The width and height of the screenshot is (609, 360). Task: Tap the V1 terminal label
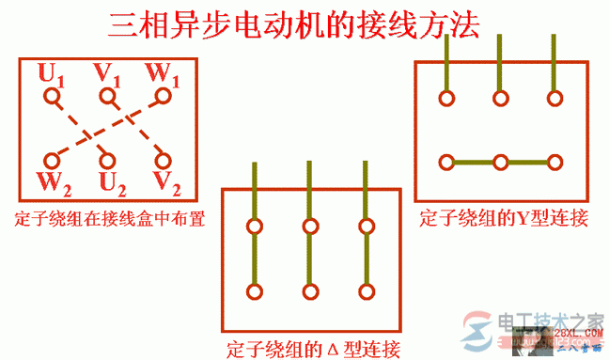point(107,72)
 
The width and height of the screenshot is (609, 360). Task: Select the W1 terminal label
point(162,72)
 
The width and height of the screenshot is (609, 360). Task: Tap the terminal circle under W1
point(165,96)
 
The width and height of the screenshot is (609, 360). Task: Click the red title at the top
point(294,25)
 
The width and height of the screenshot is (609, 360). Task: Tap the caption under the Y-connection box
point(504,219)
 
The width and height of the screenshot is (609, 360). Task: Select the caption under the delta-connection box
point(314,349)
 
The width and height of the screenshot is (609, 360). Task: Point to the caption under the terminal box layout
point(110,220)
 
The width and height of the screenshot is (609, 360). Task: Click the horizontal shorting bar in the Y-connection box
point(501,163)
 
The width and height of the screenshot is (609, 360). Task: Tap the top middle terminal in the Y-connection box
point(501,98)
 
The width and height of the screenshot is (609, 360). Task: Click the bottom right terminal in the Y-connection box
point(556,163)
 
